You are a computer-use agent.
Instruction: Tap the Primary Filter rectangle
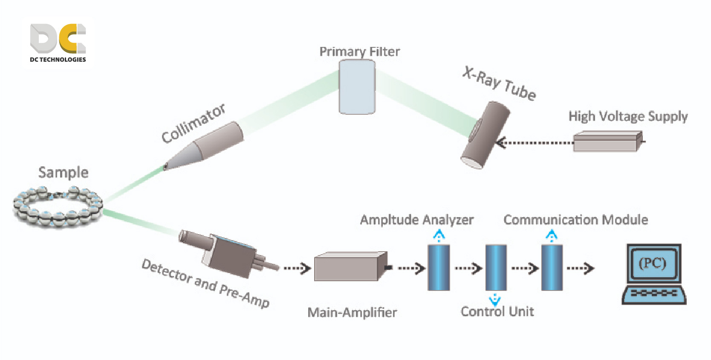[357, 87]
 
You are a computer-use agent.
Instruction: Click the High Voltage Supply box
[607, 142]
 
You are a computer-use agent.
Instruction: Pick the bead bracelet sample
[58, 206]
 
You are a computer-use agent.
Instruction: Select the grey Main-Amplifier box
[350, 267]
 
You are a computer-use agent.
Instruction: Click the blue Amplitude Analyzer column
[439, 267]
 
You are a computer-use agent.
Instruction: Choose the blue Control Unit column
[496, 267]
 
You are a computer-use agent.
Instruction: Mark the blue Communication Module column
[552, 267]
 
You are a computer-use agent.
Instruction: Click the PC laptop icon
[654, 274]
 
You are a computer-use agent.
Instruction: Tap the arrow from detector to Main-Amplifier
[297, 268]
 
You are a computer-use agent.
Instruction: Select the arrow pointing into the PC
[580, 268]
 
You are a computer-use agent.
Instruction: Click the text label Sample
[64, 172]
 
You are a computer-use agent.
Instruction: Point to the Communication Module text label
[575, 220]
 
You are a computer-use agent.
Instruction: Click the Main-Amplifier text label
[352, 313]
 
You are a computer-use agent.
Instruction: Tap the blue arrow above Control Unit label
[494, 300]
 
